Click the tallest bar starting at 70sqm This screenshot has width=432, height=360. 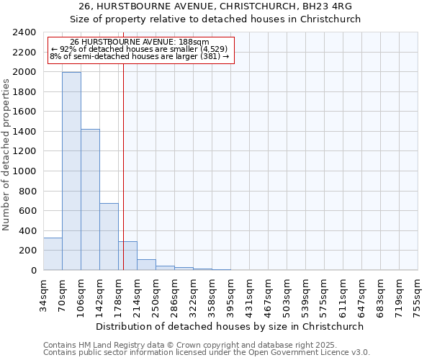pos(71,171)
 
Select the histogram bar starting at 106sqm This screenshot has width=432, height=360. pos(90,200)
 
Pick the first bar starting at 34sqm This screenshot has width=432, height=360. pos(53,254)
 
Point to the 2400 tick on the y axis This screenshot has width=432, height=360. pos(26,32)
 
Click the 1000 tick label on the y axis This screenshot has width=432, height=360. pos(26,171)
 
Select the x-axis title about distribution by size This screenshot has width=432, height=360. pos(230,326)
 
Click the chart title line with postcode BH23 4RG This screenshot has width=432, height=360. pos(216,6)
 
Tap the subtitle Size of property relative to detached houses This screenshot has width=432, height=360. pos(216,19)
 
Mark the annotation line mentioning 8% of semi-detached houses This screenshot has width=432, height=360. pos(139,56)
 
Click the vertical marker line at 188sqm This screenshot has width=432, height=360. pos(123,166)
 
